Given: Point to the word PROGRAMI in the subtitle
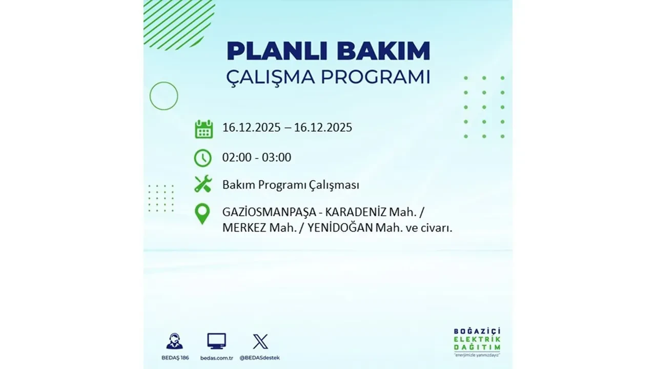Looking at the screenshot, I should click(375, 77).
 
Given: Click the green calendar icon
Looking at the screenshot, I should click(203, 129).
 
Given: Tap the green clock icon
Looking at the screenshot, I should click(203, 158).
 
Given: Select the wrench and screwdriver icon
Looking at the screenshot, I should click(203, 184).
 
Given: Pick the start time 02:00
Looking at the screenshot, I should click(237, 157).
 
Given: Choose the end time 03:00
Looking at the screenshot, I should click(276, 157).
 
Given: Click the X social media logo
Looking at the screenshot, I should click(260, 341).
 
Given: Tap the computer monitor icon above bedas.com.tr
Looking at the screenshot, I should click(216, 341).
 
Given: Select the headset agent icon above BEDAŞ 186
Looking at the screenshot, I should click(174, 341).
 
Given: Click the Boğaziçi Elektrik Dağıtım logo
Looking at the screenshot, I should click(477, 341).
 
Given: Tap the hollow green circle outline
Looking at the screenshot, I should click(163, 96).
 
